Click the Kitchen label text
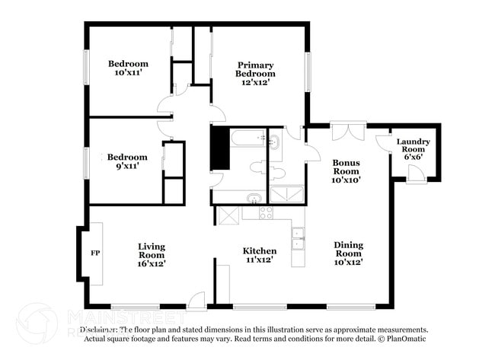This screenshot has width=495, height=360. (259, 255)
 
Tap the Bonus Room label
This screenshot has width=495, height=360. (346, 171)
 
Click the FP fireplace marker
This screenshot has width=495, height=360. (95, 253)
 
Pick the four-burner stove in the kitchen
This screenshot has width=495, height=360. (266, 213)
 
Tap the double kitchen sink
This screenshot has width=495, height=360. (298, 239)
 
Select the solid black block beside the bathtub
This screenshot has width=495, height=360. (220, 148)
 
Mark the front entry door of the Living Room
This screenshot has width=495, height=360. (196, 301)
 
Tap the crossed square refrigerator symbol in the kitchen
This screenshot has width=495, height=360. (228, 215)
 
